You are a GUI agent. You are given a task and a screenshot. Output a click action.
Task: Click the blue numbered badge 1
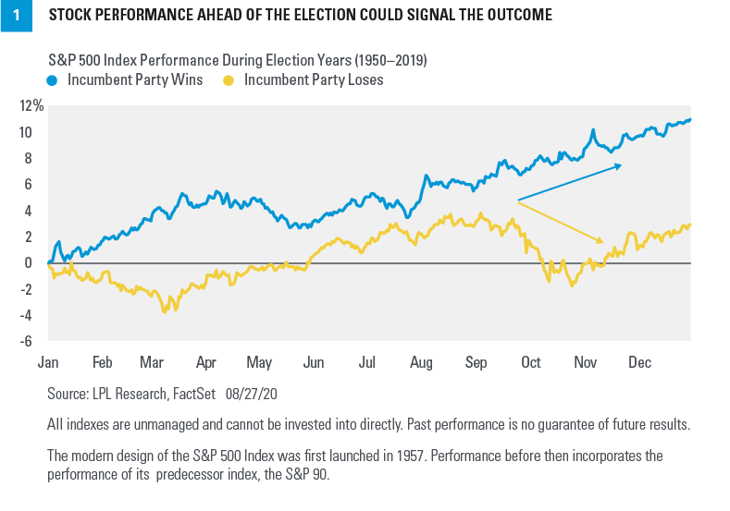point(16,16)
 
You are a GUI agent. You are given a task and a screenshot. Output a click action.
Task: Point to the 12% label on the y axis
point(32,106)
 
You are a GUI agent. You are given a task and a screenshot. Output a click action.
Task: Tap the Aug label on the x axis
point(421,362)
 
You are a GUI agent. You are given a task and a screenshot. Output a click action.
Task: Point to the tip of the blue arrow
point(623,165)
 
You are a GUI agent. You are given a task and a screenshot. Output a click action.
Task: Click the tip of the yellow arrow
point(602,242)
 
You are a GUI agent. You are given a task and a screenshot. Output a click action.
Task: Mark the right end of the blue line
point(691,119)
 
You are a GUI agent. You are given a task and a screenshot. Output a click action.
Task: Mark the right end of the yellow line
point(691,225)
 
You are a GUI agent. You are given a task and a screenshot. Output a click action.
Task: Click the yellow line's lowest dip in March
point(165,311)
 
